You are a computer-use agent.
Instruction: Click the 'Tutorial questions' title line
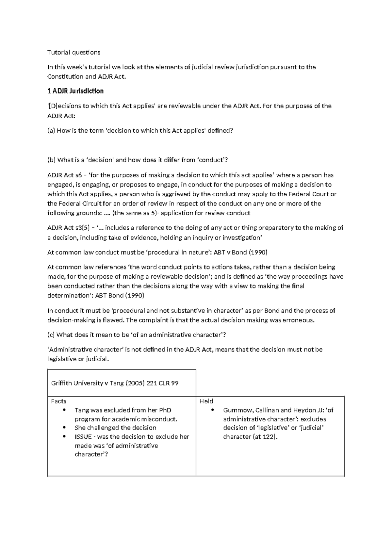(x=74, y=52)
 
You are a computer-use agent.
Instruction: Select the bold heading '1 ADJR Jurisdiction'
(x=75, y=91)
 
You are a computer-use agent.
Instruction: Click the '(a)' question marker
(x=51, y=131)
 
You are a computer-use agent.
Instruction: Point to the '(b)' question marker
(x=51, y=160)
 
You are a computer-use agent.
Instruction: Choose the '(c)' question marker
(x=51, y=335)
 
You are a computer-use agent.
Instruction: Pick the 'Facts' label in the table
(x=59, y=401)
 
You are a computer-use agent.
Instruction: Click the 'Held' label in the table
(x=206, y=401)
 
